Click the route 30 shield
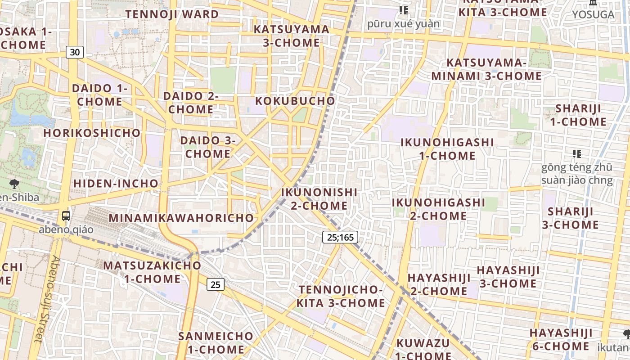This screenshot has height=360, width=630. click(75, 52)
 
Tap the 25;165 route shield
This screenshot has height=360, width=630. click(340, 237)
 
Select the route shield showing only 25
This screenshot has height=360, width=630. click(216, 284)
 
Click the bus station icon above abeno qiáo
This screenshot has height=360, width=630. click(66, 216)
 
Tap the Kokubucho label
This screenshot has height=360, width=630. click(295, 101)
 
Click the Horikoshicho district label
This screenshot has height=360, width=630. click(92, 133)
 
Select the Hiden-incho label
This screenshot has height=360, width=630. click(116, 184)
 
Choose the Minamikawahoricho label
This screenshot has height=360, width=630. click(181, 218)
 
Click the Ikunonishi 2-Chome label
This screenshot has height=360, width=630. click(319, 199)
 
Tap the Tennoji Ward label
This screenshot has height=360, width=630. click(172, 14)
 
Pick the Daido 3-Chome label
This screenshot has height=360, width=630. click(208, 147)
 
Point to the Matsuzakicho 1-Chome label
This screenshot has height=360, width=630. click(152, 272)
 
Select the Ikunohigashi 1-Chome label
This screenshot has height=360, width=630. click(447, 149)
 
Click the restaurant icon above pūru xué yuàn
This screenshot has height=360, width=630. click(403, 10)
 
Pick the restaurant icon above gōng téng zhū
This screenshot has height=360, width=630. click(576, 154)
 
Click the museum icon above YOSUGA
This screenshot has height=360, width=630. click(593, 3)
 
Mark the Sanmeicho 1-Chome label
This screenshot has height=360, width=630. click(216, 342)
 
